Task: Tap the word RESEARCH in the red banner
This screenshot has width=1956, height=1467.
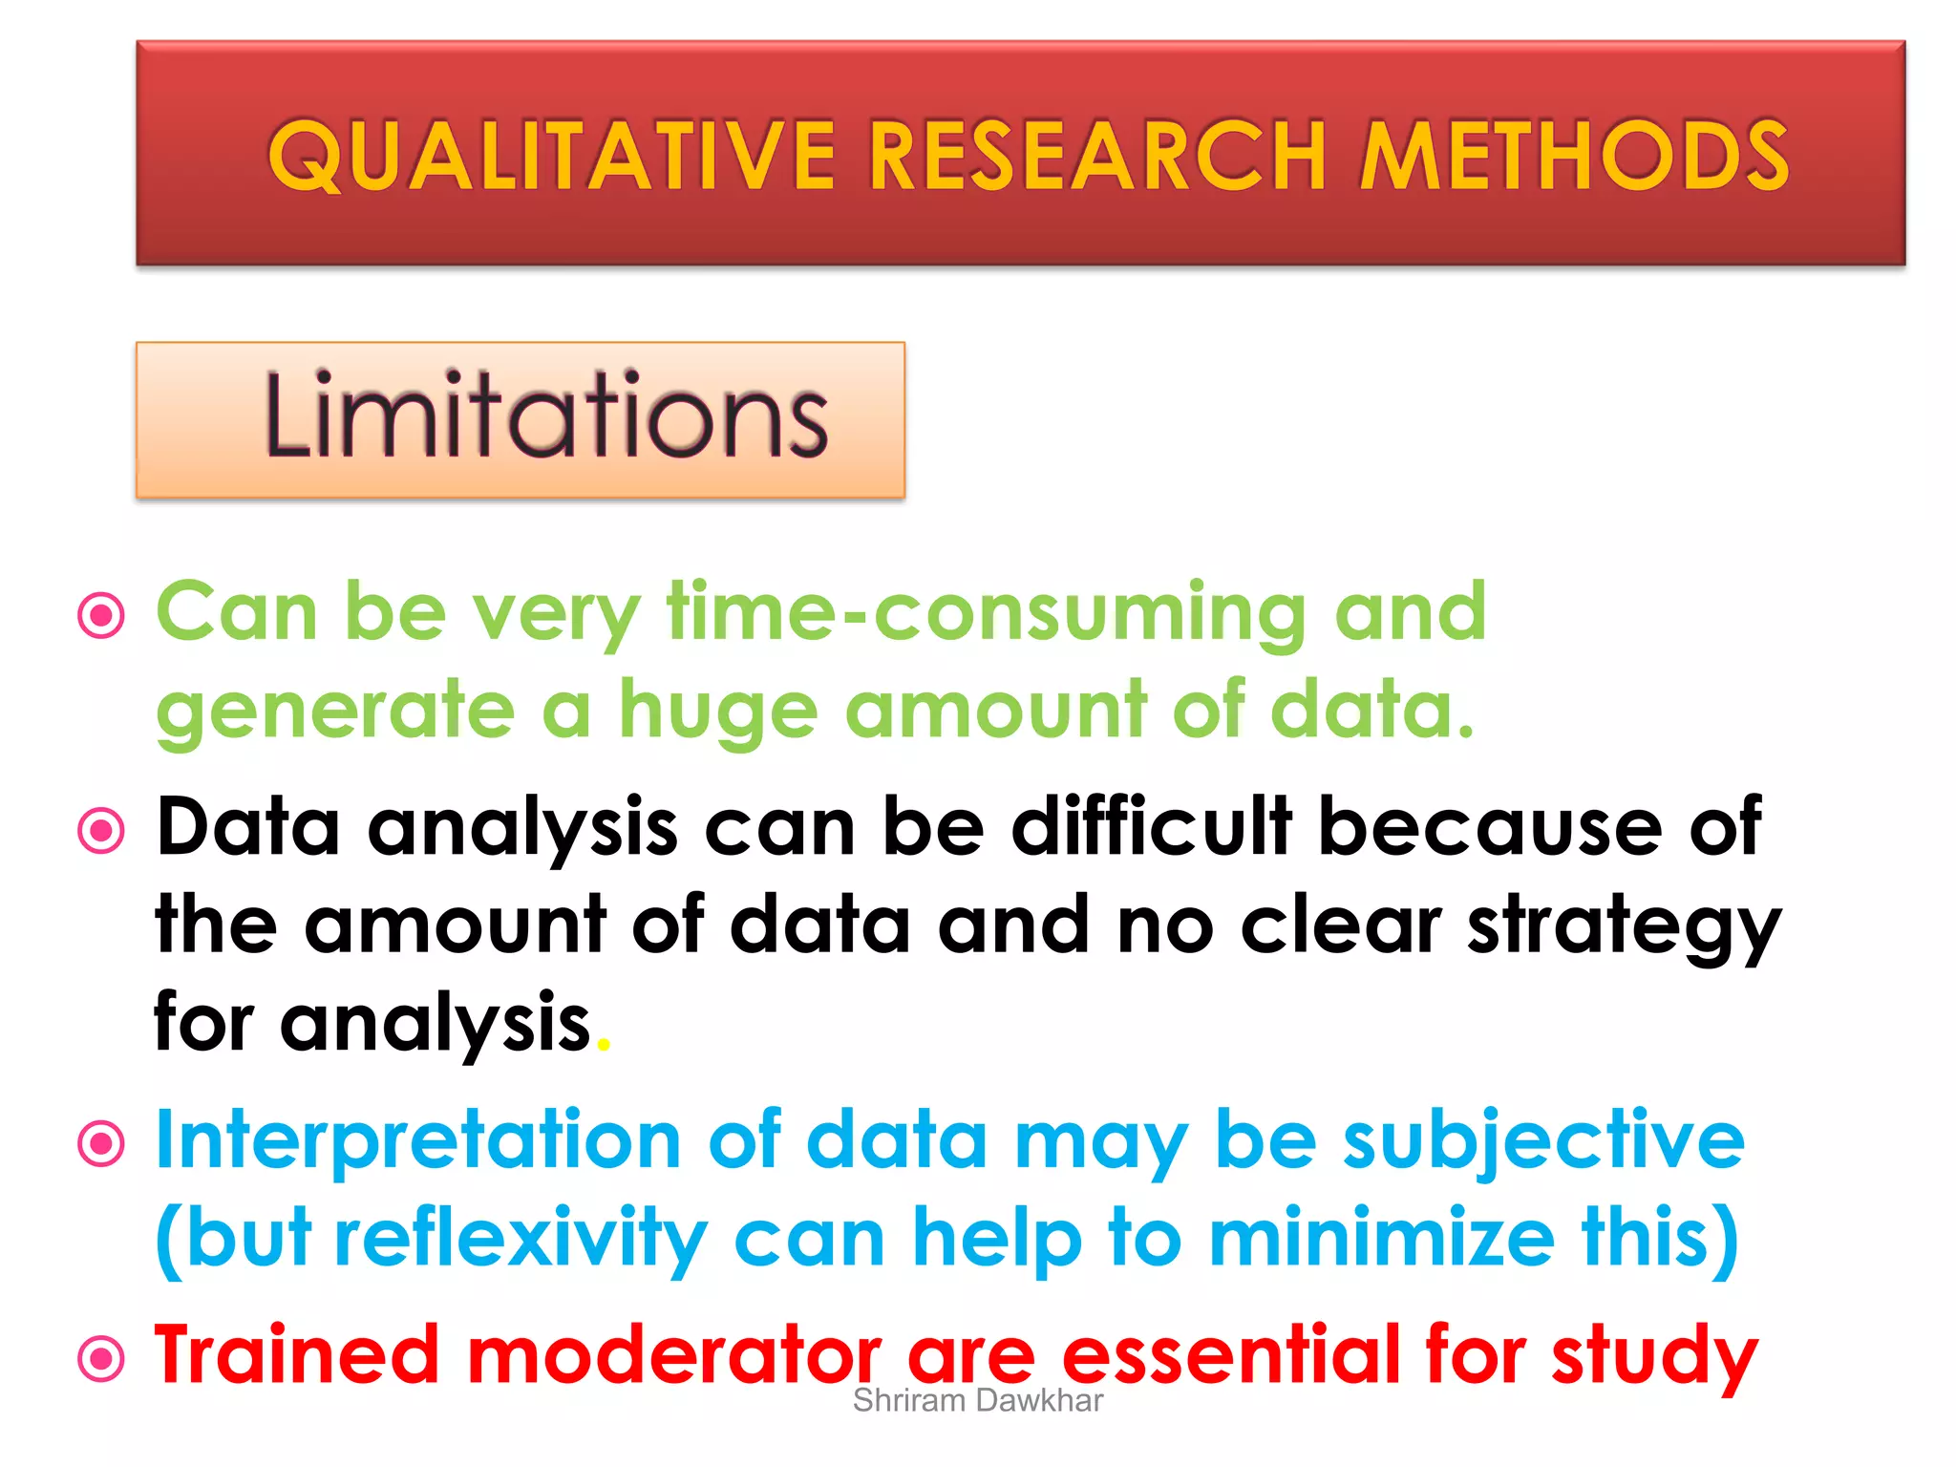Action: (x=1098, y=156)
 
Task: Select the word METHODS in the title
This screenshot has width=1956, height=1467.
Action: (x=1574, y=156)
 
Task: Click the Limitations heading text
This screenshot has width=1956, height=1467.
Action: (x=545, y=416)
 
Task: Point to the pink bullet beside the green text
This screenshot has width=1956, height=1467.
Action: (x=101, y=616)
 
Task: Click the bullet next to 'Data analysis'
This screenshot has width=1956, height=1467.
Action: (x=101, y=831)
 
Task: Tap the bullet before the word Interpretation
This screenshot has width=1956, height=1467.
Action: (x=101, y=1144)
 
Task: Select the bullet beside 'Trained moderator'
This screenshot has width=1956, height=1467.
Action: (x=101, y=1359)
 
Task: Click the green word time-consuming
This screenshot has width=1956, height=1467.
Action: (x=987, y=613)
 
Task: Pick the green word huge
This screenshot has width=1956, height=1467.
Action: (x=718, y=712)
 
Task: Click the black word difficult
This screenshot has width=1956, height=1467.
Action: (x=1151, y=827)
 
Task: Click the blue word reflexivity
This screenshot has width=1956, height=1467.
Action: (x=521, y=1240)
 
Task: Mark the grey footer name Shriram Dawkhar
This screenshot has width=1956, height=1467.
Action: (x=977, y=1401)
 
